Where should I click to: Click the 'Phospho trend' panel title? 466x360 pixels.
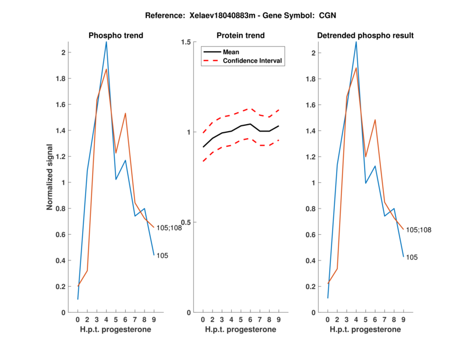(115, 36)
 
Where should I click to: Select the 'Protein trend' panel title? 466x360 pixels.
(240, 36)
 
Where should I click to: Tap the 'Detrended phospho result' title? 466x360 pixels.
(365, 36)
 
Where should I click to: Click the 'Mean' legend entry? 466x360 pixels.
(231, 52)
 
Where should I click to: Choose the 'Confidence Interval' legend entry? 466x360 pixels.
(253, 61)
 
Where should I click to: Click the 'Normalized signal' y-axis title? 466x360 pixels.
(51, 177)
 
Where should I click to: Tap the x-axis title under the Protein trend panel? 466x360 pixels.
(240, 330)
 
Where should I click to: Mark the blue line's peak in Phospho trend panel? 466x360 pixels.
(106, 42)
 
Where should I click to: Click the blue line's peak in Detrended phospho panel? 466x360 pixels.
(356, 42)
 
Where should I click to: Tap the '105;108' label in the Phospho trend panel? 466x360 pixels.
(170, 228)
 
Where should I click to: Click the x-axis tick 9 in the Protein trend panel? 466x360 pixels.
(278, 319)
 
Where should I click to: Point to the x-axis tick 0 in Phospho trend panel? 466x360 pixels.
(77, 319)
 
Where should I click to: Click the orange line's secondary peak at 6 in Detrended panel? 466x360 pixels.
(375, 120)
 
